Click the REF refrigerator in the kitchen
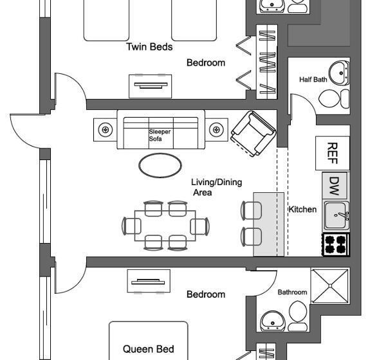(x=333, y=153)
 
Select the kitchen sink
(x=336, y=215)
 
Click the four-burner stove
(x=335, y=245)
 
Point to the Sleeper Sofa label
(x=160, y=135)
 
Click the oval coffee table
(x=160, y=165)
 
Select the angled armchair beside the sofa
(x=253, y=134)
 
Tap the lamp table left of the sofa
(x=105, y=130)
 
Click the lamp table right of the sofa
(x=216, y=130)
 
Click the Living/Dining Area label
(x=216, y=186)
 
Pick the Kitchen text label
(x=302, y=210)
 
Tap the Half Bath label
(x=313, y=80)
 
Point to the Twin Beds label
(x=149, y=47)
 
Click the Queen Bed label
(x=148, y=349)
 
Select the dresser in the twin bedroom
(x=153, y=84)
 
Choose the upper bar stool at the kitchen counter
(x=250, y=210)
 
